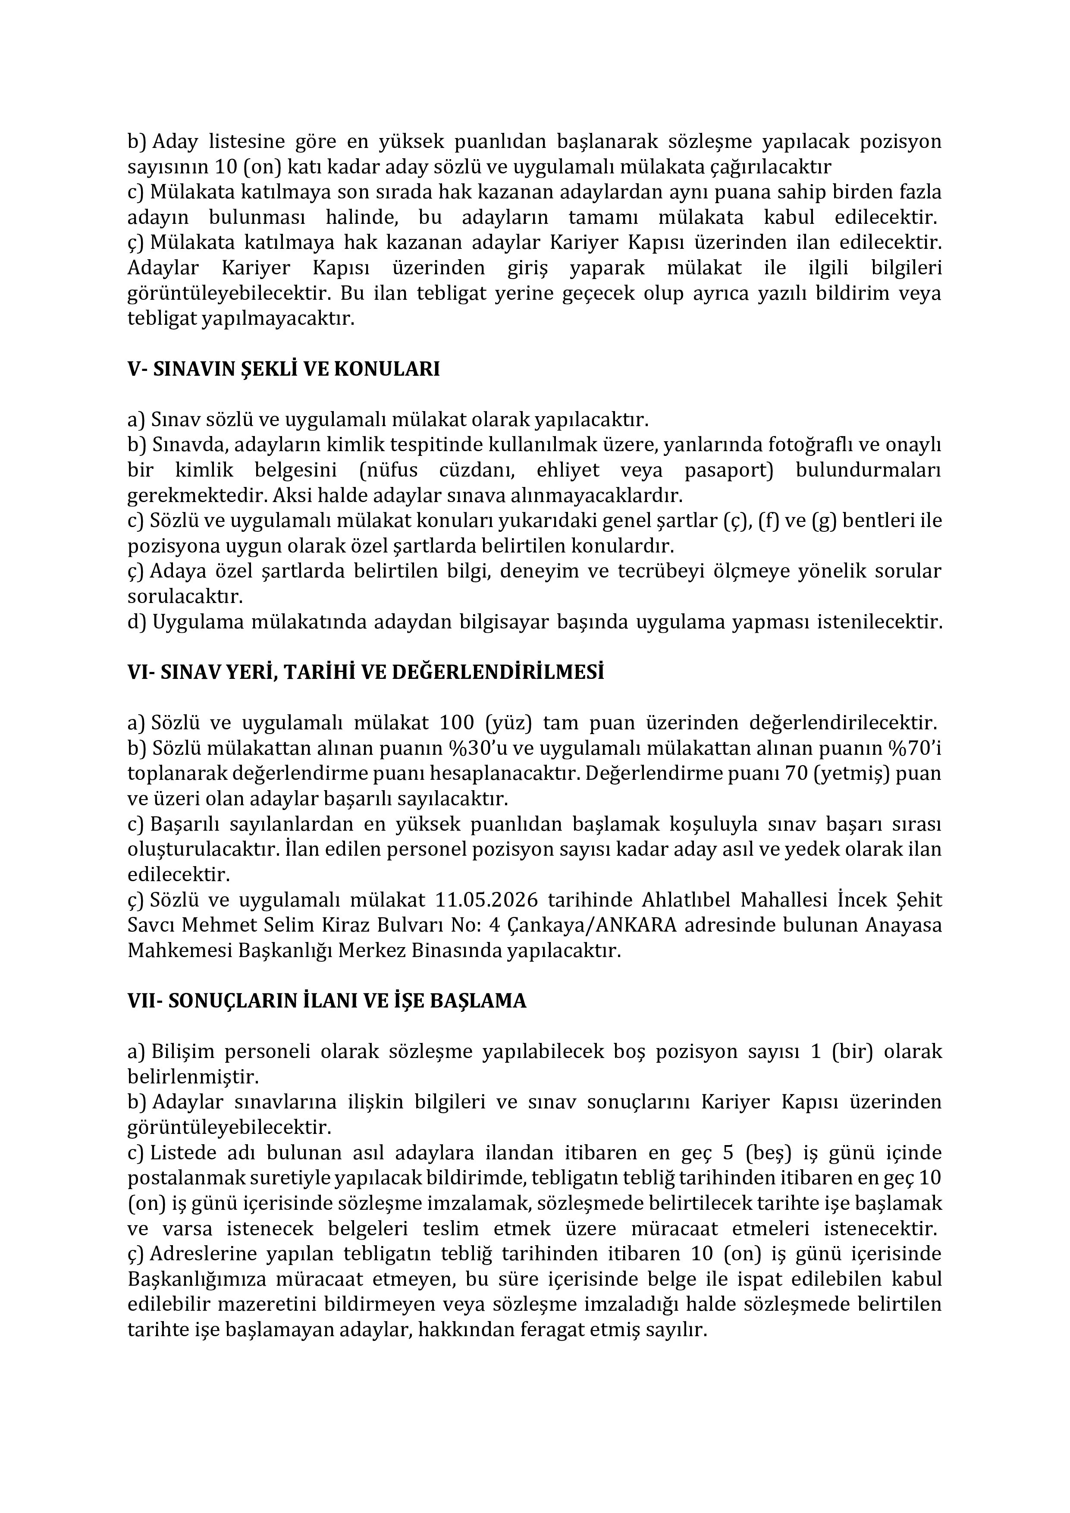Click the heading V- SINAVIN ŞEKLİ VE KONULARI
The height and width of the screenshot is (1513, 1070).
(x=283, y=369)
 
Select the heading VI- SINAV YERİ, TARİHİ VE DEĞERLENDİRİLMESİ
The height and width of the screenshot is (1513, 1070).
(x=366, y=672)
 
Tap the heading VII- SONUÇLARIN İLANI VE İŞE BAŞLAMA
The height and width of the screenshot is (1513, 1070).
(x=327, y=1001)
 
